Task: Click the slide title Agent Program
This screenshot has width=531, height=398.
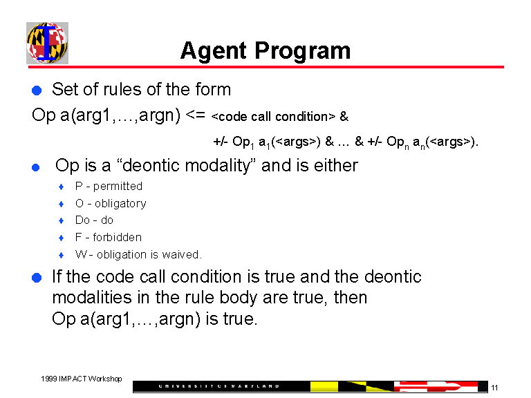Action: pos(265,50)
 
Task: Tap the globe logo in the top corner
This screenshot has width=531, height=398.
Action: pos(46,43)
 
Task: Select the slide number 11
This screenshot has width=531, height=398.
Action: pos(494,388)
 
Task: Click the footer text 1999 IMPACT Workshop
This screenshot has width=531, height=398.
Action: pos(81,379)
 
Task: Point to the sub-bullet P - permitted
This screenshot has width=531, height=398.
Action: pos(109,187)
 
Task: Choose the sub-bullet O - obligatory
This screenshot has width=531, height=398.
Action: pos(111,204)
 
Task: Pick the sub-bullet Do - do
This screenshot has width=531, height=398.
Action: pos(94,220)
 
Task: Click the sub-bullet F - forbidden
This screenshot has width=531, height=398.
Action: pos(108,238)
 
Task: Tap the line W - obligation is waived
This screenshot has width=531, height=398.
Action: pos(138,254)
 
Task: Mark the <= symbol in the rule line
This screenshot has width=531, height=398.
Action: pos(196,115)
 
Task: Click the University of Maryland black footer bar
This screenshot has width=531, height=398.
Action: pos(221,386)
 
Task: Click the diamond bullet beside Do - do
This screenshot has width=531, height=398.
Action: pos(62,221)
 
